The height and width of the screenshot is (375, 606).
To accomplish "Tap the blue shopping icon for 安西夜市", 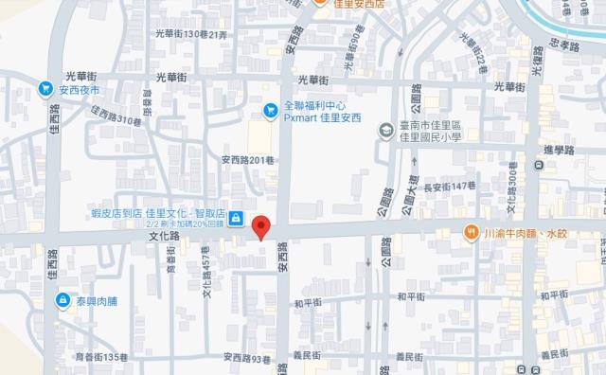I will (x=45, y=88).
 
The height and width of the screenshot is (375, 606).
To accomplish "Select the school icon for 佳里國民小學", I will (x=386, y=129).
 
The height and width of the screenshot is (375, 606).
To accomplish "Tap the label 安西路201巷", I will (x=245, y=159).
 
